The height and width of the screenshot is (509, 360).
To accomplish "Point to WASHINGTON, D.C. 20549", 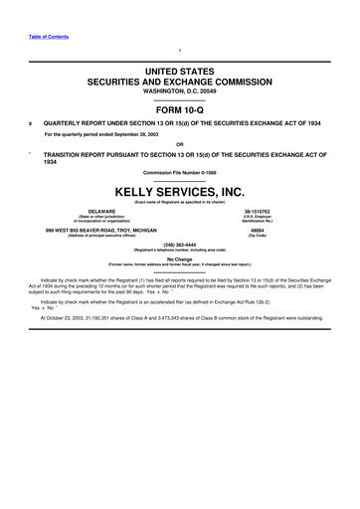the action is [180, 94].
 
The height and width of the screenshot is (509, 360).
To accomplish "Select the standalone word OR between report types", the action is [180, 142].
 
